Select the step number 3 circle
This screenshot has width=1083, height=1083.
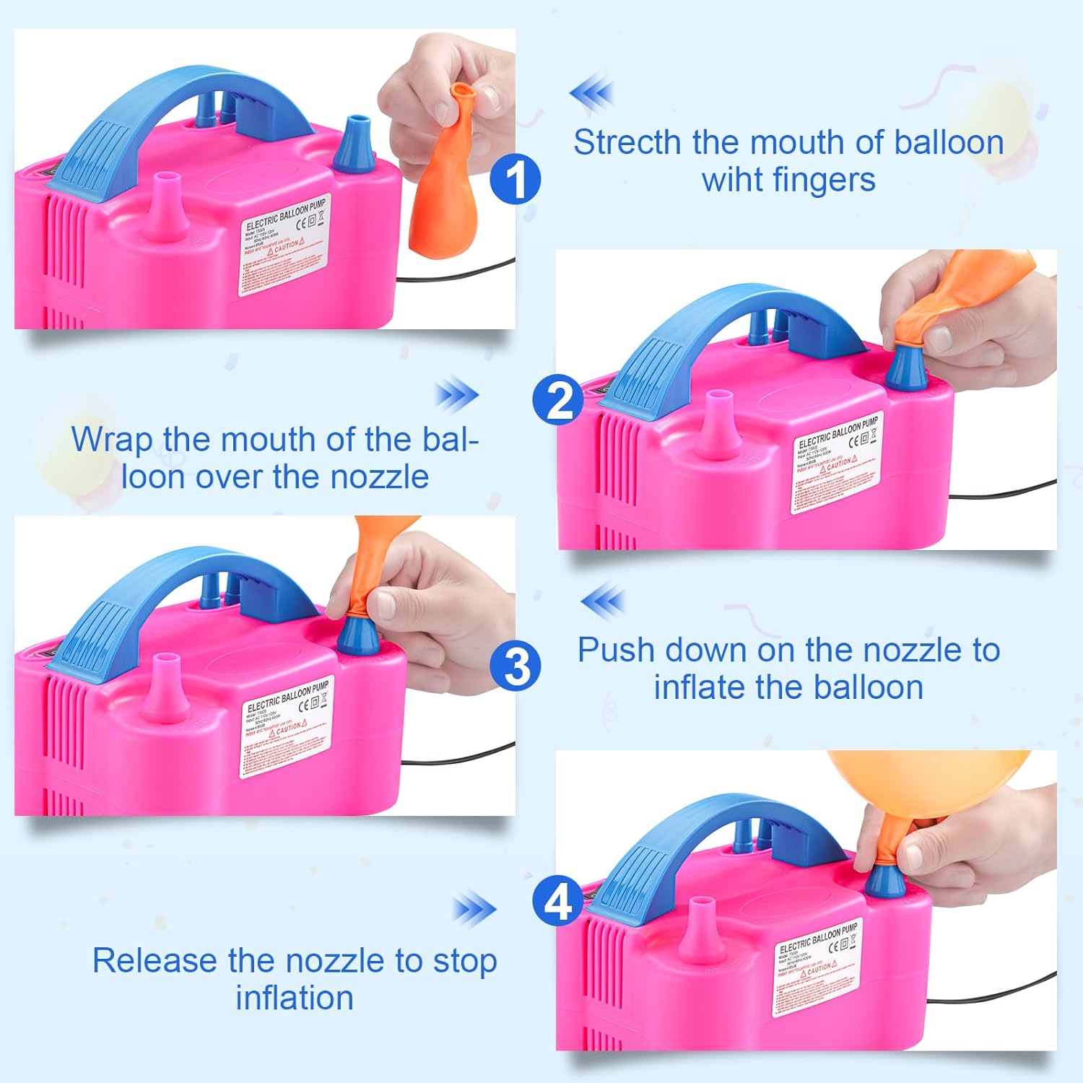coord(516,666)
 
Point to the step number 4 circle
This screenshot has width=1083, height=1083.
coord(557,902)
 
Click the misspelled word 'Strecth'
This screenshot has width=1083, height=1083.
coord(628,142)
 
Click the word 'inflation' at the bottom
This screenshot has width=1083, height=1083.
coord(295,998)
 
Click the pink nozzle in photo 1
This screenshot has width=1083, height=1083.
coord(166,209)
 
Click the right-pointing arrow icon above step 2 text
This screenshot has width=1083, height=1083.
coord(457,395)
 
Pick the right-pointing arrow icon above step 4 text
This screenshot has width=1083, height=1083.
coord(474,910)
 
